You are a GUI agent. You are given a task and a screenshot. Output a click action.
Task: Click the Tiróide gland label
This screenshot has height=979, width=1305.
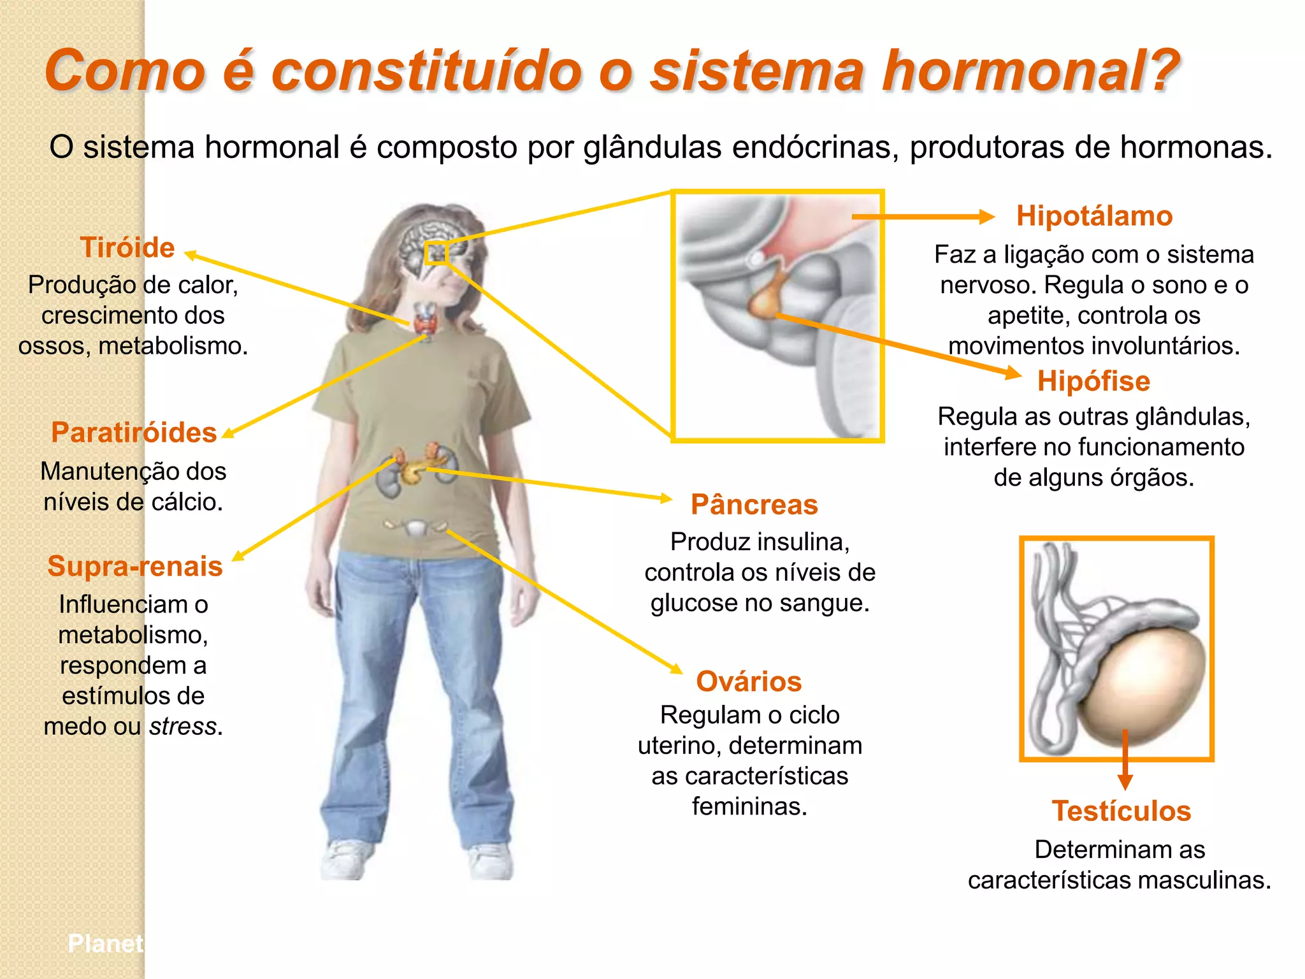click(127, 247)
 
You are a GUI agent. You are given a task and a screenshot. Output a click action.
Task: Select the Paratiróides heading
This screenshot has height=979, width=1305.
click(134, 433)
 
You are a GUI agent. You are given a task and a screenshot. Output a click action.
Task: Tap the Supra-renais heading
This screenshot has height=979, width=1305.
click(135, 566)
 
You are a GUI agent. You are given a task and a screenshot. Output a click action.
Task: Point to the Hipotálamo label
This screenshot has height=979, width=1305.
click(1094, 216)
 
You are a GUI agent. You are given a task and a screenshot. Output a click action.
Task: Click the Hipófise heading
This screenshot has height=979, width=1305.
click(1093, 381)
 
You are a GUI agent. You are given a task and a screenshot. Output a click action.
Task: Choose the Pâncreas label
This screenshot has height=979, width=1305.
click(754, 505)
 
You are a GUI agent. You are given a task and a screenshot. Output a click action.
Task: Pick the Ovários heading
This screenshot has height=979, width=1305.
click(749, 681)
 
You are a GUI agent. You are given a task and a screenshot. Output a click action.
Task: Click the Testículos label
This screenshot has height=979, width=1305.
click(1121, 811)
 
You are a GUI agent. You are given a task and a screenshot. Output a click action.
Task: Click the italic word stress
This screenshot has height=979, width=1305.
click(183, 727)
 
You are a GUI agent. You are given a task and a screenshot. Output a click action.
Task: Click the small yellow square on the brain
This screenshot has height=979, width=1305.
click(436, 253)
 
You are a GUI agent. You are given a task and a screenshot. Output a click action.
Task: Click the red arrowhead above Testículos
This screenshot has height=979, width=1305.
click(1125, 781)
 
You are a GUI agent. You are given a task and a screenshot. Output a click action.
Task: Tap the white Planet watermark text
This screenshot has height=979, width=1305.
click(106, 943)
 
